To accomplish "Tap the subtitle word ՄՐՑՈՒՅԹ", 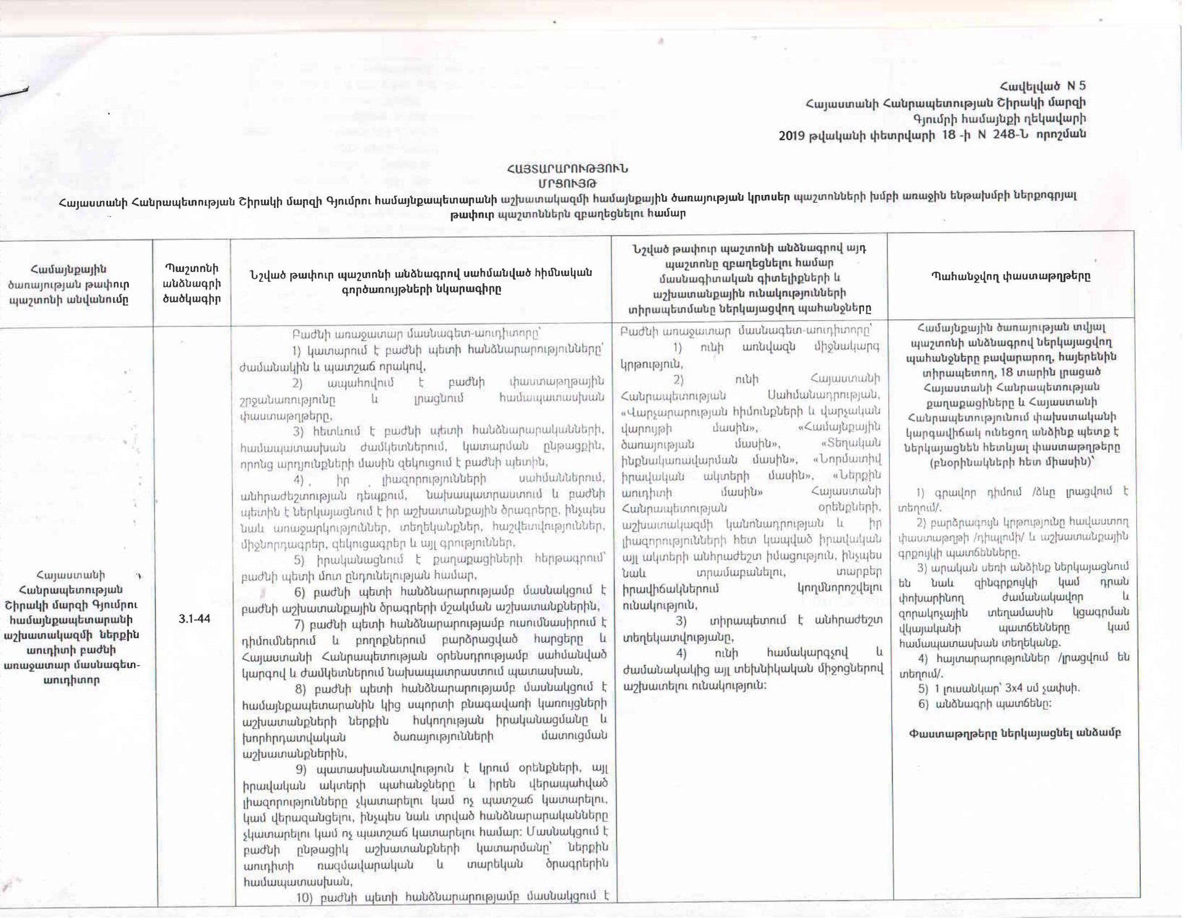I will pyautogui.click(x=567, y=183).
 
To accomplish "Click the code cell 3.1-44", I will pyautogui.click(x=194, y=619).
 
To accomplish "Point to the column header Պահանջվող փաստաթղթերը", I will pyautogui.click(x=1010, y=277).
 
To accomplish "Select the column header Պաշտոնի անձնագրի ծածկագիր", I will pyautogui.click(x=191, y=284).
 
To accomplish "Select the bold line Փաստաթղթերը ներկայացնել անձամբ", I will pyautogui.click(x=1015, y=734).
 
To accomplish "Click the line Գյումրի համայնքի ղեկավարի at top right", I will pyautogui.click(x=1000, y=119).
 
